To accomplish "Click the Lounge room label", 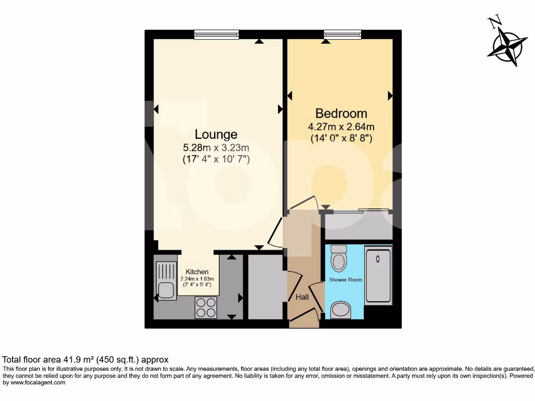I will coord(216,134).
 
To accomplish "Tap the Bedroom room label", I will coord(341,113).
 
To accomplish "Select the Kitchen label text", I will coord(197,272).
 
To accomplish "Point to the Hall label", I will coord(302,297).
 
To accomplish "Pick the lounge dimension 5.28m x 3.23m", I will coord(216,147).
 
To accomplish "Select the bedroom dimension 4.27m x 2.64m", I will coord(341,126).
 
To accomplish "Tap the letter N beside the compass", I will coord(494,22).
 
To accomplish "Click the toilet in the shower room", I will coord(339,258).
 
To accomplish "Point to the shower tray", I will coord(378,276).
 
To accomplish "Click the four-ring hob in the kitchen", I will coord(205,307).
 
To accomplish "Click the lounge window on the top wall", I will coord(216,34).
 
